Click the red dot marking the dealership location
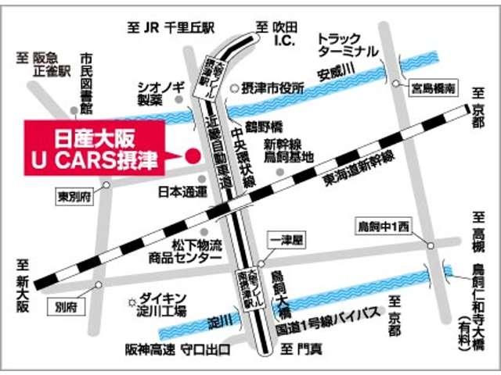[190, 155]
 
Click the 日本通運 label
[182, 191]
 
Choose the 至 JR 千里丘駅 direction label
[171, 27]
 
